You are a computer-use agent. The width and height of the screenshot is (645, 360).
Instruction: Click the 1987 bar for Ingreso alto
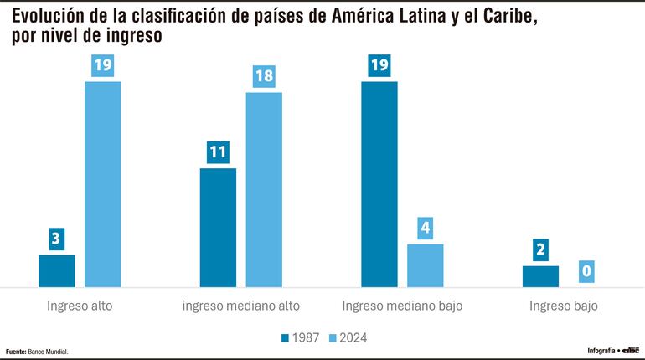click(57, 270)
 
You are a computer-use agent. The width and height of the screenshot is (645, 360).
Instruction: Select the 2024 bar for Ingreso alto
click(103, 184)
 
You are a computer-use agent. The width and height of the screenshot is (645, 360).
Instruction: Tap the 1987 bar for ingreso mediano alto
click(218, 228)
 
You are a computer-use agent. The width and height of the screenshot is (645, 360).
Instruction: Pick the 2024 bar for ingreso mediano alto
click(264, 189)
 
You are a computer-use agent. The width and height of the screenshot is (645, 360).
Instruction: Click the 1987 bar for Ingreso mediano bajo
click(379, 184)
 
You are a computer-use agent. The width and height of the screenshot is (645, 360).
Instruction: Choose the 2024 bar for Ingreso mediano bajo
click(426, 265)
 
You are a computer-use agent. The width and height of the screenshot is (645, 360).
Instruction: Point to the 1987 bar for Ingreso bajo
click(540, 276)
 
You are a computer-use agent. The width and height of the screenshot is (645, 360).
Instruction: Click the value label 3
click(57, 239)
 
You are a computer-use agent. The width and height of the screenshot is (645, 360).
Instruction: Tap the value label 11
click(218, 152)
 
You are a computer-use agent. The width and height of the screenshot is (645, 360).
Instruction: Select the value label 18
click(264, 76)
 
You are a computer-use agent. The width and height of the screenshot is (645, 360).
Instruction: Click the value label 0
click(586, 271)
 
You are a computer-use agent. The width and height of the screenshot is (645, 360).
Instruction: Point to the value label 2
click(540, 250)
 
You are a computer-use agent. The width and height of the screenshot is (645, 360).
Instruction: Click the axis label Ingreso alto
click(80, 306)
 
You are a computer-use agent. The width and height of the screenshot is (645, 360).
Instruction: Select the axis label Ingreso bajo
click(564, 306)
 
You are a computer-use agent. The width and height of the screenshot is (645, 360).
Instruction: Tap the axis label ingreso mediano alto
click(241, 306)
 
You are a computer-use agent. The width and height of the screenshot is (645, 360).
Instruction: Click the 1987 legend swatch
click(286, 337)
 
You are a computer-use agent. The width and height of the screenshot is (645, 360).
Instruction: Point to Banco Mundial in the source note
click(49, 352)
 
